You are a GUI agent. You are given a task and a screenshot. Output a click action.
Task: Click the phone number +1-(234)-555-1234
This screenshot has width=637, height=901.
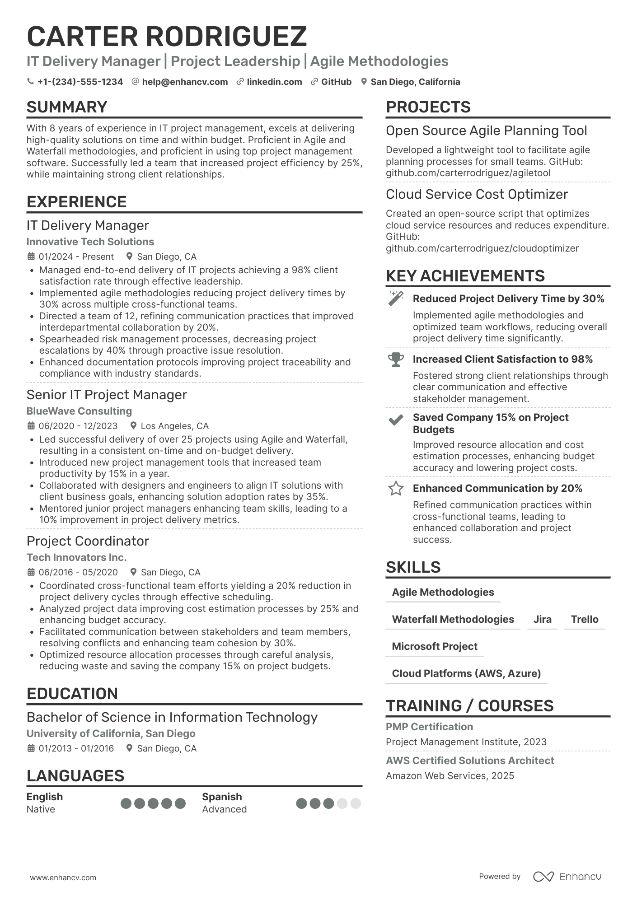tap(80, 82)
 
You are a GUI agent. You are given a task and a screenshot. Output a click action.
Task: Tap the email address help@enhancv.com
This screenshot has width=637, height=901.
tap(184, 82)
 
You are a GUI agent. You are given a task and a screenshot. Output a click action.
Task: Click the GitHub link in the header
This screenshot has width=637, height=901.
tap(336, 82)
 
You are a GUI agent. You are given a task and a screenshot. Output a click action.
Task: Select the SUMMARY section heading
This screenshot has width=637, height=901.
tap(67, 107)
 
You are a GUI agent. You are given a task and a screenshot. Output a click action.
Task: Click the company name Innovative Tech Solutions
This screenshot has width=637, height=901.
tap(90, 242)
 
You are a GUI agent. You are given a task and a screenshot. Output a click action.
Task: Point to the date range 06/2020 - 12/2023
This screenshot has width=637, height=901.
tap(78, 426)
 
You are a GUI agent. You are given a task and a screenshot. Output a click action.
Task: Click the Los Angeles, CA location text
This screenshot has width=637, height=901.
tap(174, 426)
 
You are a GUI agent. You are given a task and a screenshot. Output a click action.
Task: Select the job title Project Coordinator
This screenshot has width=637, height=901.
tap(88, 541)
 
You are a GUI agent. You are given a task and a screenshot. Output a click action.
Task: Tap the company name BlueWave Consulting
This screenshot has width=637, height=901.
tap(79, 411)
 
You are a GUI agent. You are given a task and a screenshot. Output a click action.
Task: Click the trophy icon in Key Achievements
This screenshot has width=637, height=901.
tap(396, 359)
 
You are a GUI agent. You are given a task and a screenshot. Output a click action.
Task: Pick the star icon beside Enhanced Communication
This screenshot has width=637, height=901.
tap(396, 489)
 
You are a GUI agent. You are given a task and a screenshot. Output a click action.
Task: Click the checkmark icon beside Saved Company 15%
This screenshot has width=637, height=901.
tap(396, 420)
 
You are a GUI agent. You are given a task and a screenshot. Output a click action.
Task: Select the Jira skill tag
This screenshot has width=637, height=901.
tap(542, 619)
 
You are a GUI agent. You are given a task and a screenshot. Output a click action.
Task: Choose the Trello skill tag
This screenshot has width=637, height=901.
tap(584, 619)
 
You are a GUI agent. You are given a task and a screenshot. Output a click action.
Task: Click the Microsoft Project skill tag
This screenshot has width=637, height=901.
tap(434, 646)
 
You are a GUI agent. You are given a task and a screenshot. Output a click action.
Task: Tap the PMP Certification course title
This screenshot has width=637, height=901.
tap(429, 727)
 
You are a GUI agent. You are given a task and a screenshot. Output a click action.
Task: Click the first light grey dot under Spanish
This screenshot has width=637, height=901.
tap(342, 803)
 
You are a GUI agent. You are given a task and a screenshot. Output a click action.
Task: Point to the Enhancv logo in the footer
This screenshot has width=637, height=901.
tap(567, 877)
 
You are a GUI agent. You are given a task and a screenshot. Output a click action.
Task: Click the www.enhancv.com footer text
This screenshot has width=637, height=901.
tap(63, 878)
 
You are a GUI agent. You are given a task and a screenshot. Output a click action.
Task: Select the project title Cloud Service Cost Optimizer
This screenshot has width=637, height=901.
tap(477, 194)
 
